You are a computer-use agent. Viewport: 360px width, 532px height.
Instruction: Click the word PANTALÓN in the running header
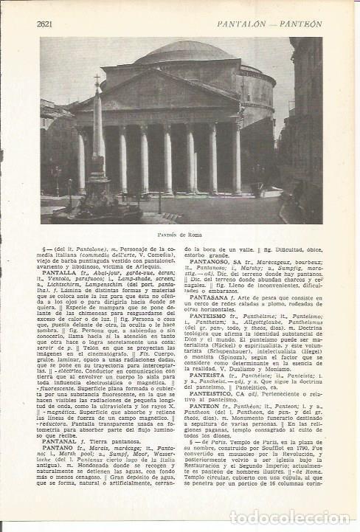(244, 24)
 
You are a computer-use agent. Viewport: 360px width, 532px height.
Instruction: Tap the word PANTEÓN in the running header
(300, 24)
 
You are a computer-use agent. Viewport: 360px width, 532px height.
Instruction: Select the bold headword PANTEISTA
(211, 375)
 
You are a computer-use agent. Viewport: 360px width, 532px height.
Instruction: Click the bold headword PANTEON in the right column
(210, 406)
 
